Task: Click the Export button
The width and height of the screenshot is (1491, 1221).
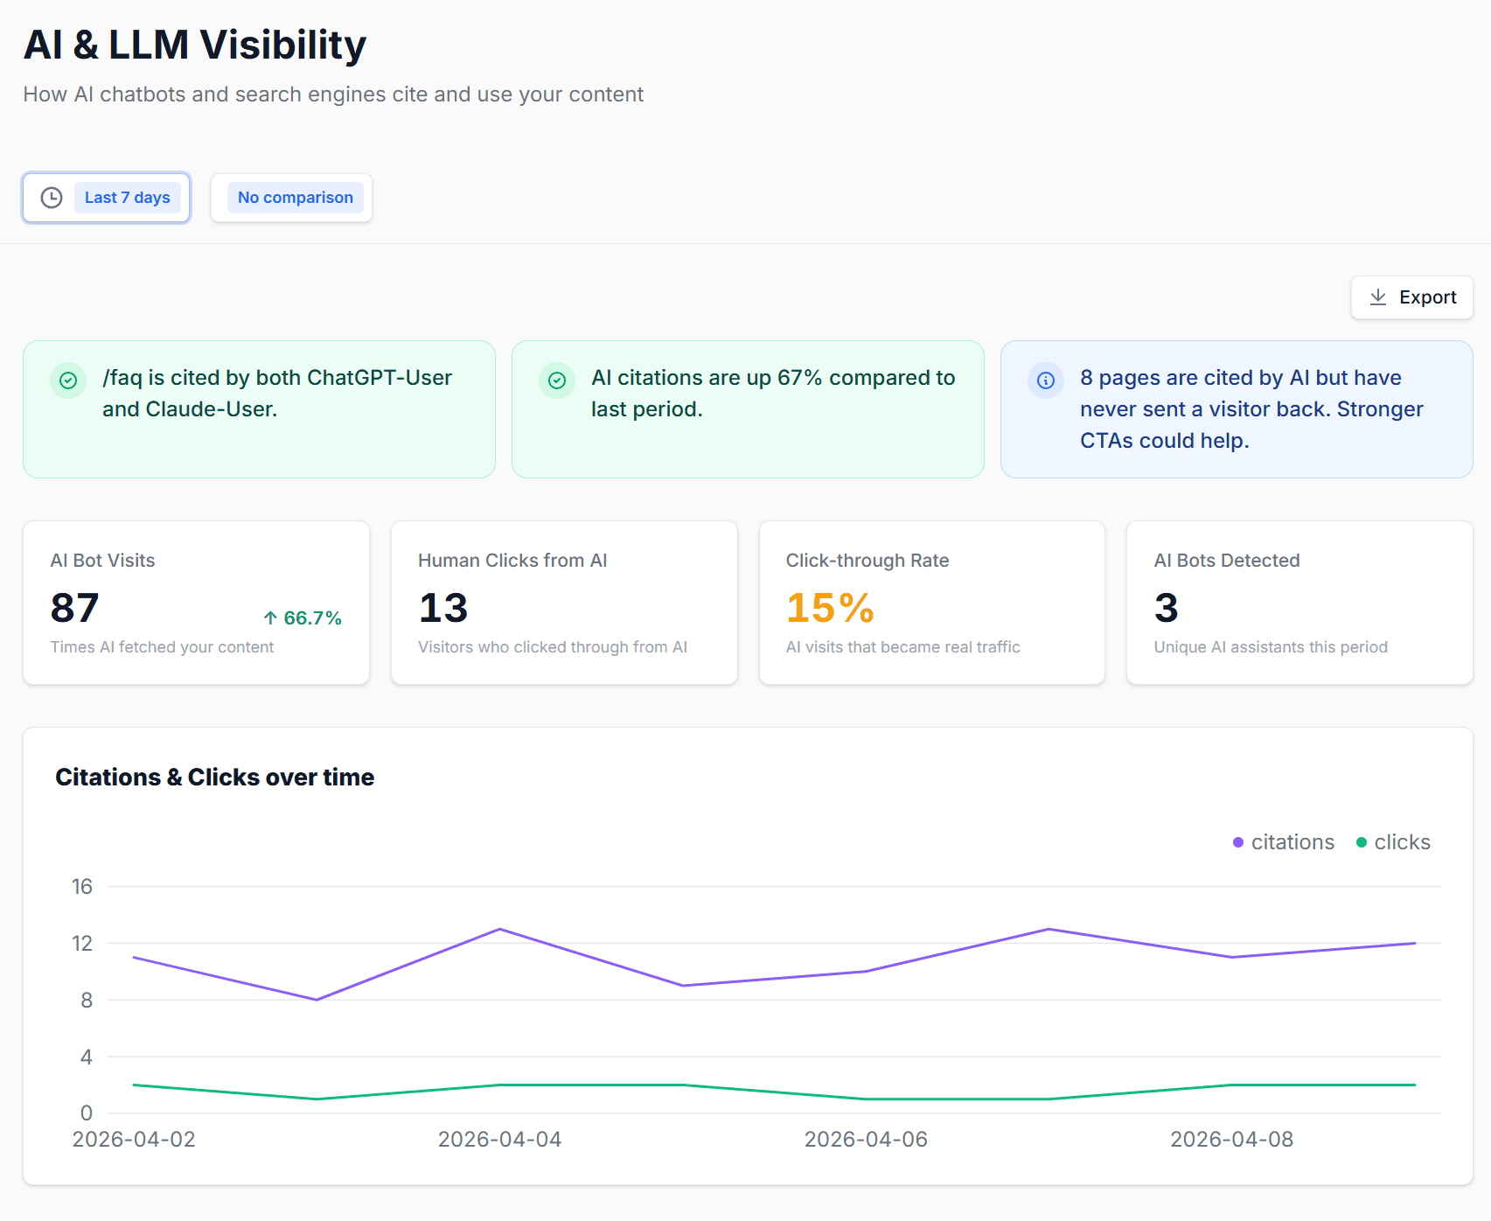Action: click(1411, 297)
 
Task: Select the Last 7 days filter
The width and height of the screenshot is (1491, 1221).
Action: click(128, 198)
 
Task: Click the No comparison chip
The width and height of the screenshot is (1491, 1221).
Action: click(296, 198)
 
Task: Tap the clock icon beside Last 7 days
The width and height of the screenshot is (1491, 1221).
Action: click(52, 198)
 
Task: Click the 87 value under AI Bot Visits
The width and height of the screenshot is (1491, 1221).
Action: click(75, 608)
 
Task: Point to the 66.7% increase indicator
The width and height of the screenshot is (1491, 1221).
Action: click(303, 618)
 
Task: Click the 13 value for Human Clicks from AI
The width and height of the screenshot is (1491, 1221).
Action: click(443, 608)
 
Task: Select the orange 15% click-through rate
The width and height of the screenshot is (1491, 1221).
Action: click(830, 608)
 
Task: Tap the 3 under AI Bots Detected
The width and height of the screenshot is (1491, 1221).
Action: click(1166, 608)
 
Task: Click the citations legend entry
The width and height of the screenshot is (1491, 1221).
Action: click(1284, 842)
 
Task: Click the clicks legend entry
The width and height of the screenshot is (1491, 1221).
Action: click(1394, 842)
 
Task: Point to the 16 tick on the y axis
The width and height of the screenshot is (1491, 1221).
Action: click(82, 887)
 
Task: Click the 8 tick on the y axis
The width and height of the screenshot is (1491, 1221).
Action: click(87, 1000)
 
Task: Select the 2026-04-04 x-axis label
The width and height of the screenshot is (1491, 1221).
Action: click(499, 1139)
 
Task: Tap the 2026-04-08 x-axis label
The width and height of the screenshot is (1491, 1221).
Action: click(1231, 1139)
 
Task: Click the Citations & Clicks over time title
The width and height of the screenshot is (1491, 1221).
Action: click(214, 777)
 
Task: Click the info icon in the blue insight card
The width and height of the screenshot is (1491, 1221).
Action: click(1046, 380)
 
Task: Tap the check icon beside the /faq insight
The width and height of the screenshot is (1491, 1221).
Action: click(68, 380)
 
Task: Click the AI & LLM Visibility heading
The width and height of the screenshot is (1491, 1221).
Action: click(195, 45)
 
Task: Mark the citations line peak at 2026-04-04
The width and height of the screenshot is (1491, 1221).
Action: click(499, 929)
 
